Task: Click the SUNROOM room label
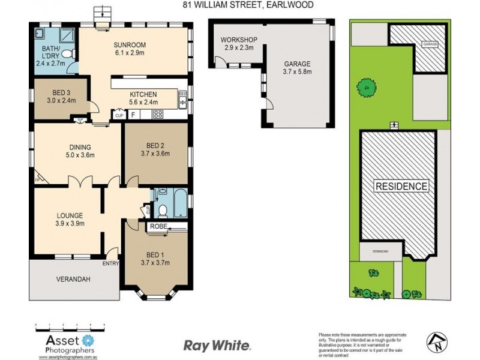[130, 44]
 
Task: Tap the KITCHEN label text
[143, 94]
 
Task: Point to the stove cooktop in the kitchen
[158, 114]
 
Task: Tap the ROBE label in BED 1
[158, 227]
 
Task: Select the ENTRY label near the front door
[110, 263]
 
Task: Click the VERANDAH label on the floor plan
[73, 279]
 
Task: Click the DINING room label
[79, 146]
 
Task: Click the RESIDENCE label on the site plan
[402, 186]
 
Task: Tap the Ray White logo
[217, 346]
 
